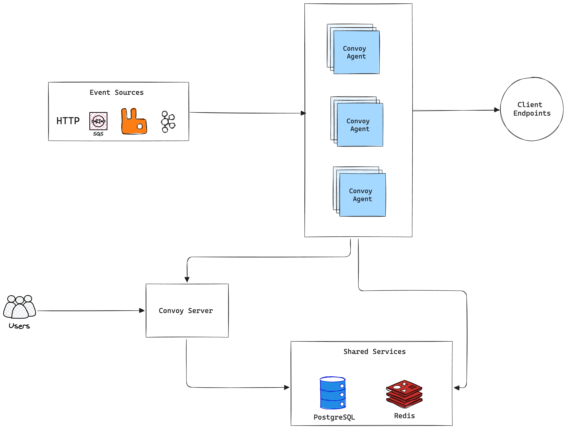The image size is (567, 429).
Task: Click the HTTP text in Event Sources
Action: (x=68, y=121)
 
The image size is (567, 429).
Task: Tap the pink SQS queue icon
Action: (x=98, y=121)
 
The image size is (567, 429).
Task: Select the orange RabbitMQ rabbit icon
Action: (x=134, y=122)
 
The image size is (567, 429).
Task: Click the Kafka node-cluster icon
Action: (x=168, y=122)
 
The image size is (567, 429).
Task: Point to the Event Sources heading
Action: (x=116, y=92)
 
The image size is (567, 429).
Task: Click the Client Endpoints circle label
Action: (x=532, y=109)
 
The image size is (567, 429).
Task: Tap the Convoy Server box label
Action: (x=186, y=311)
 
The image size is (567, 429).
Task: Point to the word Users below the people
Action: (x=19, y=326)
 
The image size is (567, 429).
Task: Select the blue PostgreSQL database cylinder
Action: (x=333, y=393)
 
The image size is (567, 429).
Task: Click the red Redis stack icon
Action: (x=404, y=394)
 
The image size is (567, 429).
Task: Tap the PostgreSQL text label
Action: (x=334, y=417)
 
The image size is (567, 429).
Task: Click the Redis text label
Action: (x=404, y=416)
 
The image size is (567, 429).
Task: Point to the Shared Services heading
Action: (x=375, y=351)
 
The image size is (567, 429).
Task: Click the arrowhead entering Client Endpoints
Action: (x=497, y=110)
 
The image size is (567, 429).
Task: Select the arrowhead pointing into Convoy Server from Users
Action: (x=142, y=311)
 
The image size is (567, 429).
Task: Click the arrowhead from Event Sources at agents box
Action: (x=303, y=113)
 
